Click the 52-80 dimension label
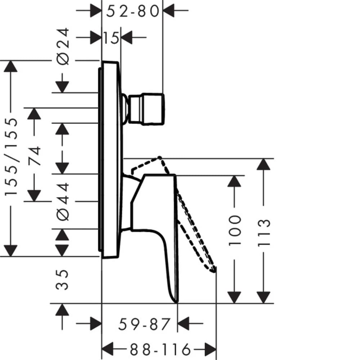132,11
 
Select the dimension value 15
111,38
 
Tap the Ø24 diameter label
63,46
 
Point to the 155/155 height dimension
11,157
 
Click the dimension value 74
35,156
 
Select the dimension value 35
62,280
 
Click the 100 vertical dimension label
235,230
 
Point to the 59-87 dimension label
144,324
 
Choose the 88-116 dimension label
160,350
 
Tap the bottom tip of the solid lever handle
177,302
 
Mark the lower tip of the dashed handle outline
215,271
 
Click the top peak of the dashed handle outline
159,158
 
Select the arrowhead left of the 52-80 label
96,10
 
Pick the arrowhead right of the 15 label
126,37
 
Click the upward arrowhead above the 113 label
263,165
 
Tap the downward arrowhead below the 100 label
234,298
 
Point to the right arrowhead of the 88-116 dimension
210,350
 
